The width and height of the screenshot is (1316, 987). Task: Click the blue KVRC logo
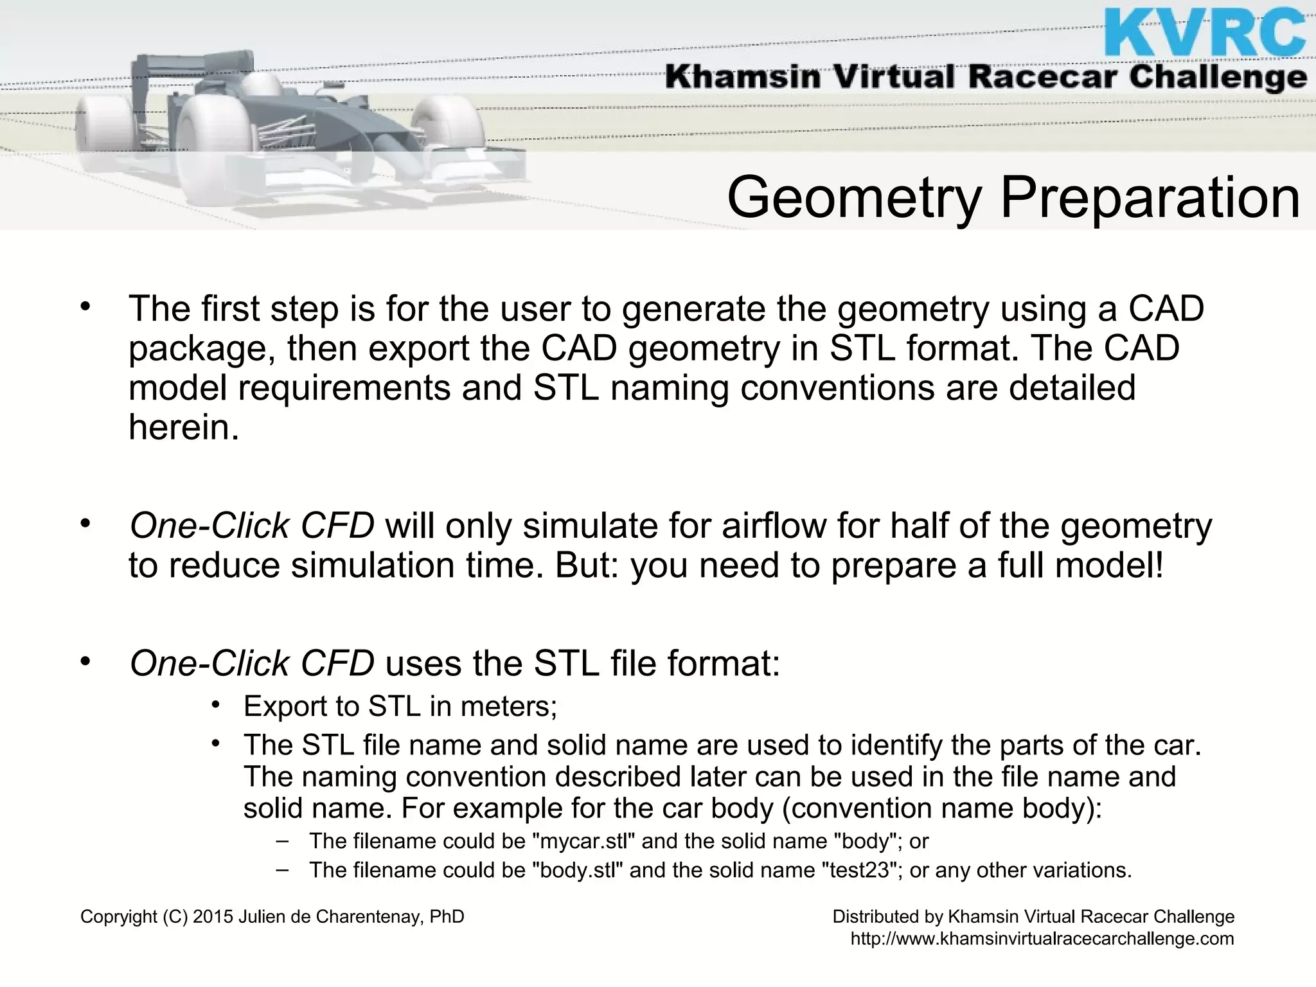tap(1204, 33)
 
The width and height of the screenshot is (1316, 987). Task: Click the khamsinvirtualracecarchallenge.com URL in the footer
tap(1042, 939)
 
